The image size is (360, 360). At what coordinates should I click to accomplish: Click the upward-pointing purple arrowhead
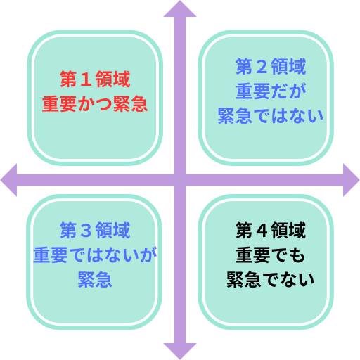[180, 9]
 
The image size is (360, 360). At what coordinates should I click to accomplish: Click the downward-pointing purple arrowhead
[180, 352]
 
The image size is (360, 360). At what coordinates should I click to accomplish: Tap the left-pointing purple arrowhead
[9, 180]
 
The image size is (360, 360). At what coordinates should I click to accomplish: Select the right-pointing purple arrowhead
[352, 180]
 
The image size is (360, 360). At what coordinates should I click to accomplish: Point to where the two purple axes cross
[180, 180]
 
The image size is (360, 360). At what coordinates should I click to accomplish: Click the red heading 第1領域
[95, 79]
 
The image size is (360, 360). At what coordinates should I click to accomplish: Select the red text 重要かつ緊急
[95, 103]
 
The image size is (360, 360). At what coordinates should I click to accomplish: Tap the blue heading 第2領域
[271, 67]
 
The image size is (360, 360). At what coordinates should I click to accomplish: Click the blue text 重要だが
[271, 91]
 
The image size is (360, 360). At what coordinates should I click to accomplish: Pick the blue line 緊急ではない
[271, 116]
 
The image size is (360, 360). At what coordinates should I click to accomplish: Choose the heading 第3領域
[95, 231]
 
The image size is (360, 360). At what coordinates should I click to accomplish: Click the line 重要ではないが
[95, 255]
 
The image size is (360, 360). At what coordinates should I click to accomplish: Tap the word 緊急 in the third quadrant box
[95, 280]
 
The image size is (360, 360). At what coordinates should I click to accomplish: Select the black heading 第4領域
[271, 231]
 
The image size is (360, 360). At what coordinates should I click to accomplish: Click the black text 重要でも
[271, 255]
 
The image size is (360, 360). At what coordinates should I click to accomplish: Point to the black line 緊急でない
[271, 280]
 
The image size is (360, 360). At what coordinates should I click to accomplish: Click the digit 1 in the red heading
[86, 79]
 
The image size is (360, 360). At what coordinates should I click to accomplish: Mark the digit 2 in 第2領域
[262, 67]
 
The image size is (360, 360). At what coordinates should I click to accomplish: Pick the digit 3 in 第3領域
[86, 231]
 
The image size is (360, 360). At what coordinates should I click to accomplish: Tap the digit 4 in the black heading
[262, 231]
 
